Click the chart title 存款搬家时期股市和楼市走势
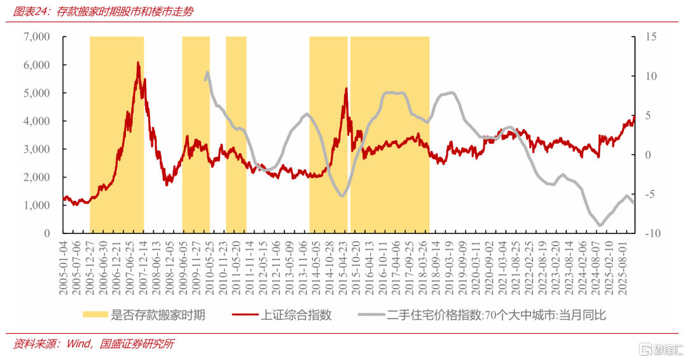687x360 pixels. [x=125, y=11]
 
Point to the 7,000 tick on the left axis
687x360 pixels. [x=37, y=37]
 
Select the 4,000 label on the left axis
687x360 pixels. [x=37, y=121]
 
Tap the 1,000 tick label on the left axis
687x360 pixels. [x=37, y=205]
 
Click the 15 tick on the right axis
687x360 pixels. [x=651, y=37]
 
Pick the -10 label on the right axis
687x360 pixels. [x=653, y=233]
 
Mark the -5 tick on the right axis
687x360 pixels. [x=651, y=194]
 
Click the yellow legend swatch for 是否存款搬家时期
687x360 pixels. [x=95, y=314]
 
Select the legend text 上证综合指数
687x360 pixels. [x=296, y=315]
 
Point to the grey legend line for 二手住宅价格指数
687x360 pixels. [x=371, y=314]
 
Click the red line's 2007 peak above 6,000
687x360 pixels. [x=138, y=62]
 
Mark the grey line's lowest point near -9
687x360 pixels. [x=600, y=225]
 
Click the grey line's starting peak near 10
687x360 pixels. [x=207, y=73]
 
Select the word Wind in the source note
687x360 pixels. [x=79, y=344]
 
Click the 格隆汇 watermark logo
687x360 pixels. [x=661, y=349]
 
